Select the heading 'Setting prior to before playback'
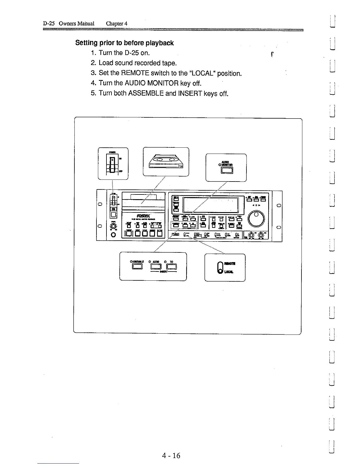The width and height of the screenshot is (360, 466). click(124, 43)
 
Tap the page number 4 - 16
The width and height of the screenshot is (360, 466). click(171, 456)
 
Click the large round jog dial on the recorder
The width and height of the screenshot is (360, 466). click(256, 218)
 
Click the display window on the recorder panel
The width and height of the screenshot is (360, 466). click(210, 205)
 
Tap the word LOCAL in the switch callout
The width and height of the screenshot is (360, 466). click(229, 272)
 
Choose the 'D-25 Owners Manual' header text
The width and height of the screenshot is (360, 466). click(69, 24)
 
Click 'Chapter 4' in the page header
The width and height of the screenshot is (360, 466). click(116, 24)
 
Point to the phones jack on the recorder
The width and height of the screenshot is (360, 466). click(114, 235)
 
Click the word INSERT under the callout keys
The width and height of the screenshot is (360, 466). click(164, 272)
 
